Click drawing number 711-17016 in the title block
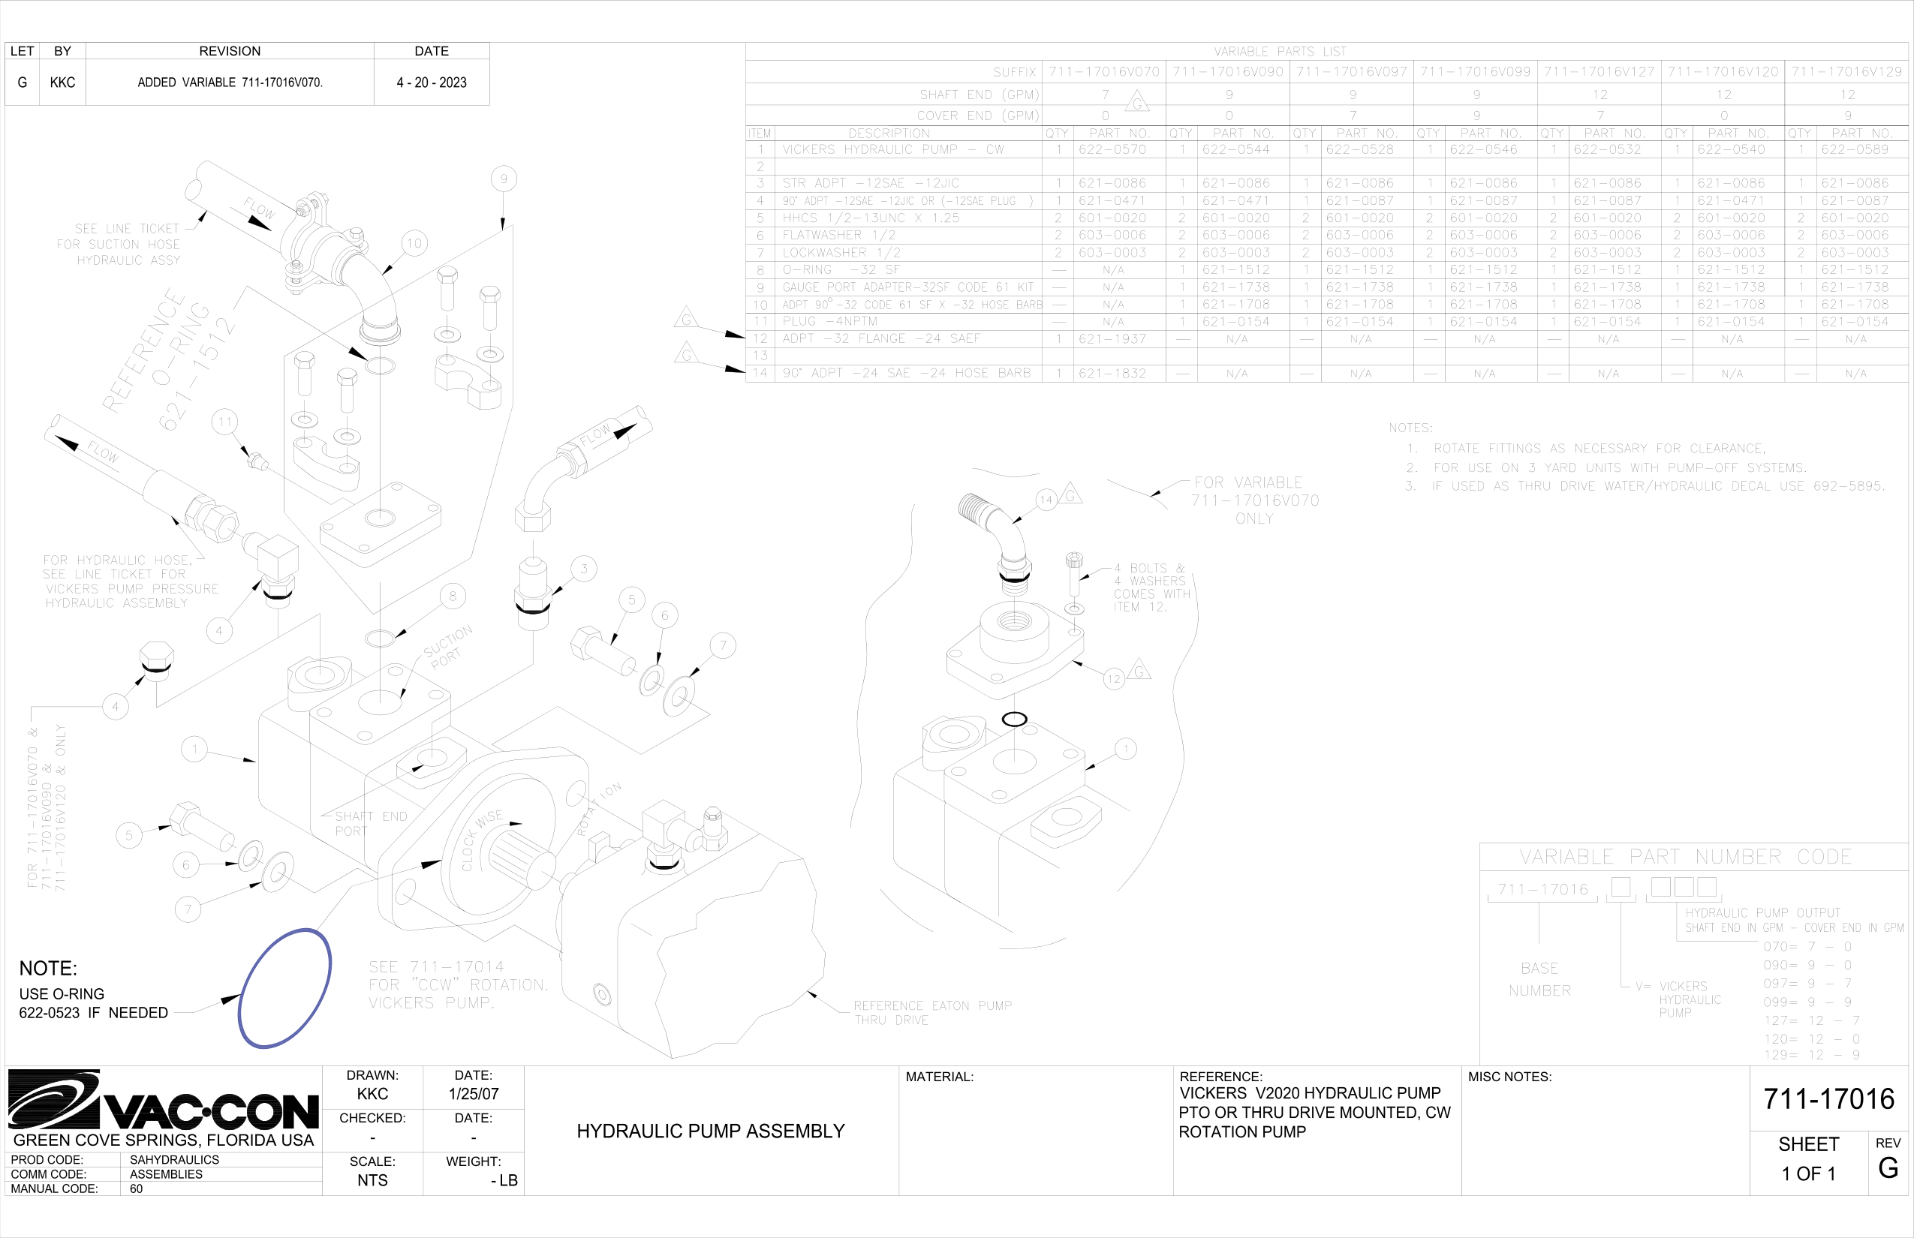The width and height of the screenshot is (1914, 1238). (1828, 1099)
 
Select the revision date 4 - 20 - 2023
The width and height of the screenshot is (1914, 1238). (431, 83)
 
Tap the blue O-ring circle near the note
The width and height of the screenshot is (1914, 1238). (284, 988)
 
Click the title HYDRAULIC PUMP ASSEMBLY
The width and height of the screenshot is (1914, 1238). (710, 1131)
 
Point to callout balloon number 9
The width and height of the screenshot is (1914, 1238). (504, 179)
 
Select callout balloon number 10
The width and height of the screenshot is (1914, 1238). (414, 243)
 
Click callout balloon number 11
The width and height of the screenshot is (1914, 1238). (224, 422)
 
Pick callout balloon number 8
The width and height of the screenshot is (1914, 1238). (453, 596)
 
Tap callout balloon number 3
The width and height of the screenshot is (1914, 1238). (584, 569)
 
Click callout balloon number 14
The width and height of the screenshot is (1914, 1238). (1046, 499)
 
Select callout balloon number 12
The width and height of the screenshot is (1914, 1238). (1113, 679)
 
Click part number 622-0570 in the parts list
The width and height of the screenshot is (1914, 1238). (1112, 149)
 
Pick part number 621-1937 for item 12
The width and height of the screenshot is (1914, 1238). (1112, 339)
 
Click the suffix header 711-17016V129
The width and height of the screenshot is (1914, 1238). (1846, 71)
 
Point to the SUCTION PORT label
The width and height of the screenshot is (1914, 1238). (448, 646)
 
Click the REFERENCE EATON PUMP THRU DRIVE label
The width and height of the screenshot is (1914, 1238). (932, 1013)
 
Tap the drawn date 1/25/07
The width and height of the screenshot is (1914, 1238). (473, 1094)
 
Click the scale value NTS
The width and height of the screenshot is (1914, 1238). (372, 1180)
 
